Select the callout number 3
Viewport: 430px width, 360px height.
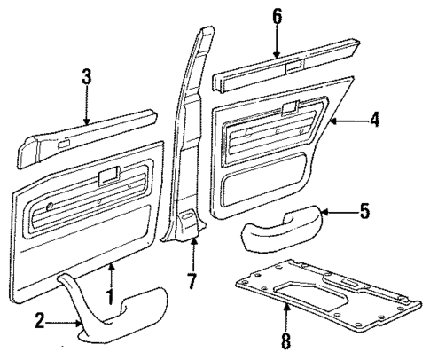click(86, 78)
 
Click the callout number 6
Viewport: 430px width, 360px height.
click(278, 17)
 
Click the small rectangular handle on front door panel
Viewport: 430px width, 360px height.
click(109, 175)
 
